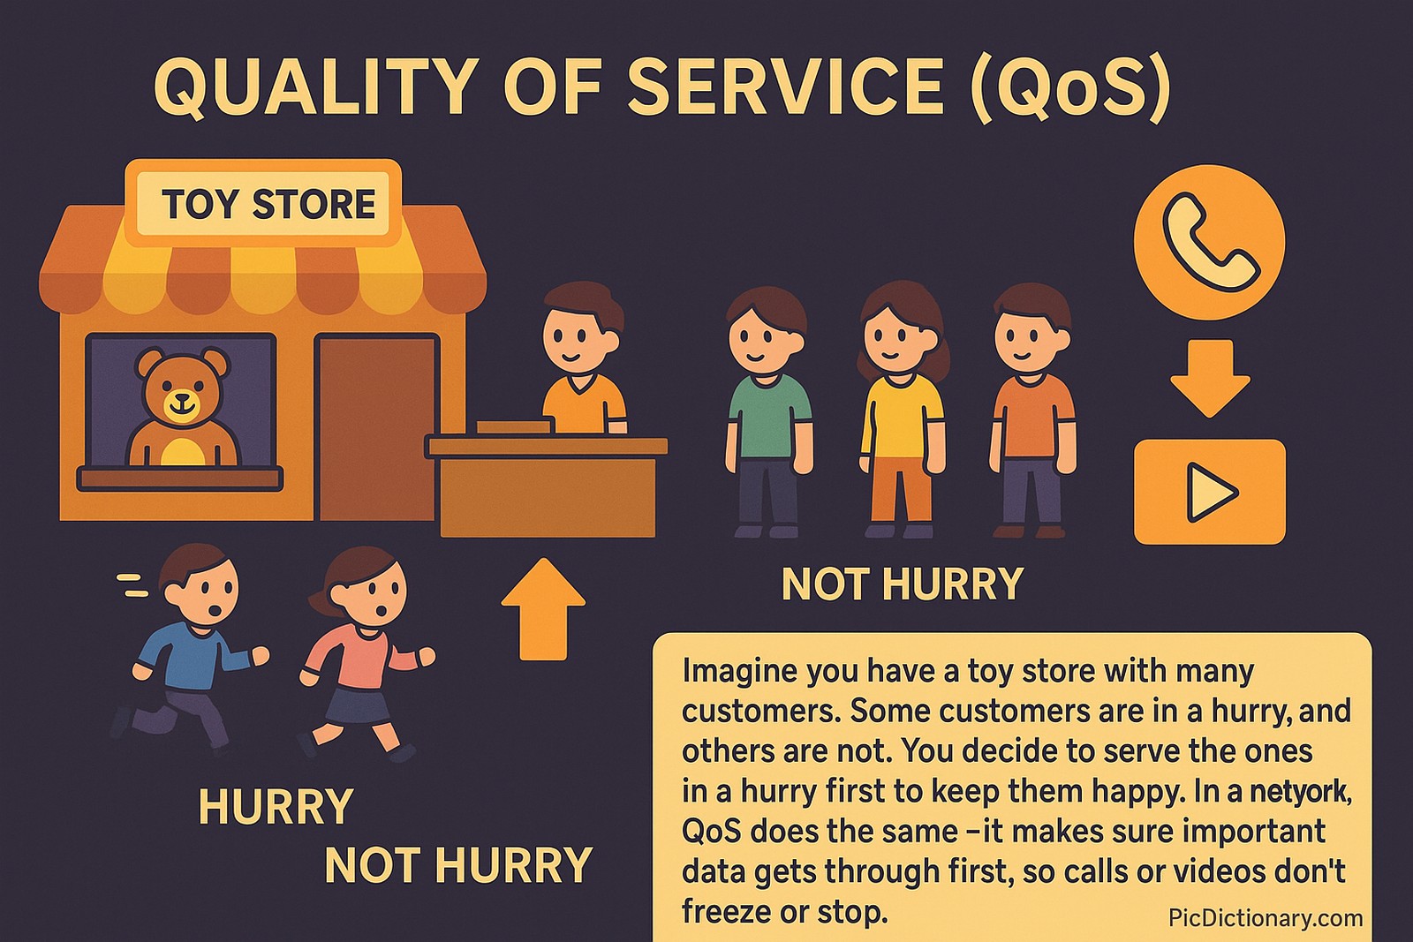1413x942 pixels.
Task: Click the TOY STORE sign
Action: click(x=268, y=204)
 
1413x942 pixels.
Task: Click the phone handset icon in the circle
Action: click(x=1209, y=243)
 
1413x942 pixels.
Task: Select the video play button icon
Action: click(x=1209, y=492)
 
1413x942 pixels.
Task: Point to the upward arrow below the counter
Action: click(x=543, y=609)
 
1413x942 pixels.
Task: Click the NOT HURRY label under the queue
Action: click(x=902, y=584)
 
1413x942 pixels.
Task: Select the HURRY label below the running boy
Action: click(x=276, y=807)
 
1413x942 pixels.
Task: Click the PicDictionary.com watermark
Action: click(x=1265, y=918)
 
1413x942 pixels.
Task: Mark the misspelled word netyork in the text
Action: click(x=1299, y=791)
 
